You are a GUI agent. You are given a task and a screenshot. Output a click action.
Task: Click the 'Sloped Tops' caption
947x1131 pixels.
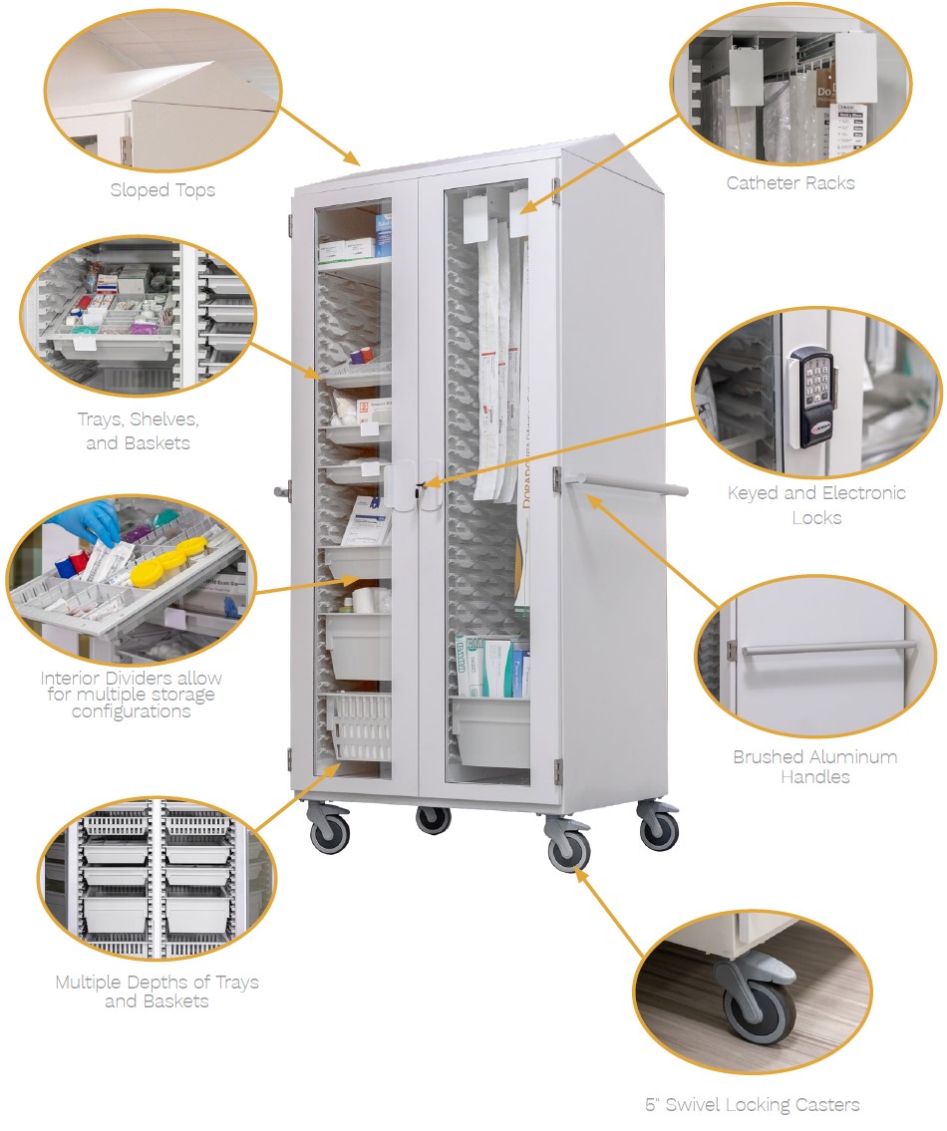coord(162,189)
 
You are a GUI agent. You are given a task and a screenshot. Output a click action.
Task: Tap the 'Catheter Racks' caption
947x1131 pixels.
coord(790,183)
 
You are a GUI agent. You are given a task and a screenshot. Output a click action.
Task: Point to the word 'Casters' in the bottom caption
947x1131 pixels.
coord(822,1104)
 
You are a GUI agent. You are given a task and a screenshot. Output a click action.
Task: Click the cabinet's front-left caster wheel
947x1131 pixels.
coord(329,833)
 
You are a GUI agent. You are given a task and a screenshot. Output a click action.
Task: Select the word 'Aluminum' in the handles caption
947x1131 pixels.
coord(852,756)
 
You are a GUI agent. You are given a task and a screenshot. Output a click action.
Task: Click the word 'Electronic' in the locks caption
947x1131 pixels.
coord(863,492)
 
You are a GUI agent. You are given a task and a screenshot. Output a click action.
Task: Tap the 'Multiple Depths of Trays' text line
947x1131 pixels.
coord(157,982)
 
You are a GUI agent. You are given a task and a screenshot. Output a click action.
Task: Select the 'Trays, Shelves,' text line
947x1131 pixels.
coord(138,420)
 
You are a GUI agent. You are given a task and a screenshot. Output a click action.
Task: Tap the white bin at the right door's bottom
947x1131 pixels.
coord(490,731)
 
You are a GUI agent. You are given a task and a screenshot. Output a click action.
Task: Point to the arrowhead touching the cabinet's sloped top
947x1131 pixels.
coord(352,157)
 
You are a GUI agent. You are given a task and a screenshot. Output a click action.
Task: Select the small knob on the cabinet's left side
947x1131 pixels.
coord(281,492)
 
